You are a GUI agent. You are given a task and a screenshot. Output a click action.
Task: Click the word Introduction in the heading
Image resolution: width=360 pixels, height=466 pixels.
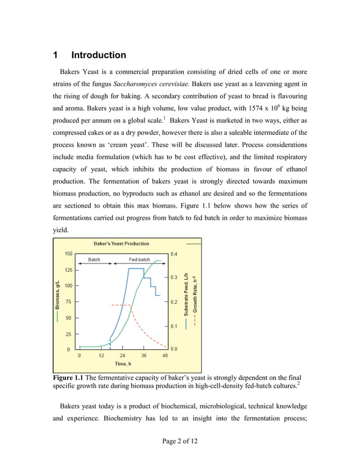click(x=99, y=55)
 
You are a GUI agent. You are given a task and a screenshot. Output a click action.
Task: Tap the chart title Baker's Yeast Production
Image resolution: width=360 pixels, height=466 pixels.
click(x=121, y=244)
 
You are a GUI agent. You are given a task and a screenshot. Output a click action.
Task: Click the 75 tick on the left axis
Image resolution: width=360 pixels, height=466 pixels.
click(x=68, y=302)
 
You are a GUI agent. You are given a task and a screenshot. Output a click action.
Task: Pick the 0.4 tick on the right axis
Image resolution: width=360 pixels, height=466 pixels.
click(x=174, y=254)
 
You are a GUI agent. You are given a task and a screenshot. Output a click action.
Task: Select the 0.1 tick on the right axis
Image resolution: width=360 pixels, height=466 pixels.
click(x=174, y=326)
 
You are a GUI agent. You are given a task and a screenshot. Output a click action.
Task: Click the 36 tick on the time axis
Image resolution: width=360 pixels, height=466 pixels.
click(x=144, y=355)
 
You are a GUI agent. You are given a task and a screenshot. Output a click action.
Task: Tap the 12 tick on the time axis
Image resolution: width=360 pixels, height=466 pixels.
click(x=101, y=355)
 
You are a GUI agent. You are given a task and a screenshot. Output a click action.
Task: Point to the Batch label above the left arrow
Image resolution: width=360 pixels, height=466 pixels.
click(x=94, y=259)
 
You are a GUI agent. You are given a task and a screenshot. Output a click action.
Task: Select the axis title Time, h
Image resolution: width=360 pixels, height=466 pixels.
click(x=124, y=364)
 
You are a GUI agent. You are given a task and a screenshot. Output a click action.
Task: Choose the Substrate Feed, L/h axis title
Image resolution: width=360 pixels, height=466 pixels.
click(x=186, y=298)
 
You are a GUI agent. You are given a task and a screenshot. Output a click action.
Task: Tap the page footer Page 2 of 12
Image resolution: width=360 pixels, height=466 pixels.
click(x=179, y=440)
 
